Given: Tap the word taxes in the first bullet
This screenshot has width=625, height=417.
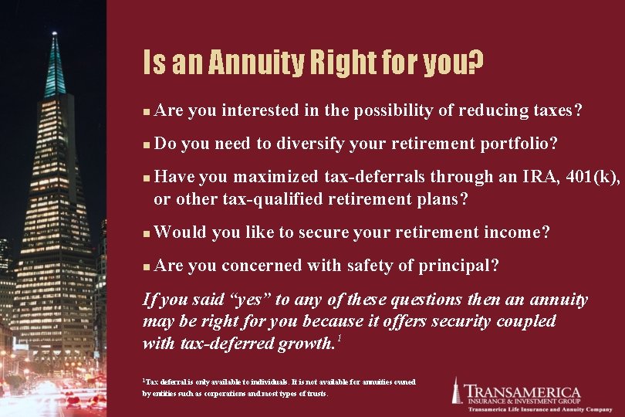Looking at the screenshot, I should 552,110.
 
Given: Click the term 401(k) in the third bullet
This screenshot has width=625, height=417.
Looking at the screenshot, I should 592,177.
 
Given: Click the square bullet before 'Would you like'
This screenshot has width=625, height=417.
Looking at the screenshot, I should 147,232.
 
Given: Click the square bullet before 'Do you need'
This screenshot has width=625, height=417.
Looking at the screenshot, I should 147,144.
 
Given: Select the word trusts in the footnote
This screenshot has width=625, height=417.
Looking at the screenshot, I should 316,393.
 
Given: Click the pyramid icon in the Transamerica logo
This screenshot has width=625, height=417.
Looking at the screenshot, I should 456,391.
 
